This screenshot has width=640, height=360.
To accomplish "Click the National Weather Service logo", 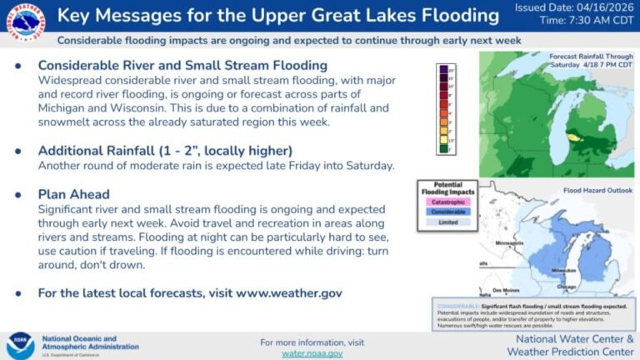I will (22, 22).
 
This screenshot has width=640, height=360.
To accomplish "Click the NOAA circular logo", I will (20, 345).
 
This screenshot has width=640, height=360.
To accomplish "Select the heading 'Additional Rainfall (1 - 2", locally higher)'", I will (165, 150).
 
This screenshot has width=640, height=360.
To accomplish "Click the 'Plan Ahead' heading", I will (73, 194).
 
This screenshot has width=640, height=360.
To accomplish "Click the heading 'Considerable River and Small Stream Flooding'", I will (182, 65).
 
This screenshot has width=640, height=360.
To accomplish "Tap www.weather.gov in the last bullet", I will (288, 293).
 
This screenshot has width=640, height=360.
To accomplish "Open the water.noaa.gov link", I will (312, 353).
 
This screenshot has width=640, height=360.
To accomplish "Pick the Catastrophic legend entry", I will (447, 201).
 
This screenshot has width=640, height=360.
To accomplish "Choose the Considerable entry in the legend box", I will (447, 212).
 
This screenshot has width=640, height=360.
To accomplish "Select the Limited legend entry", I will (447, 223).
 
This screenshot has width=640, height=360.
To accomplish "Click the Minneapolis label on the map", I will (486, 243).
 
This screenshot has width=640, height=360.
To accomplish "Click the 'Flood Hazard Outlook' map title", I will (594, 190).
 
